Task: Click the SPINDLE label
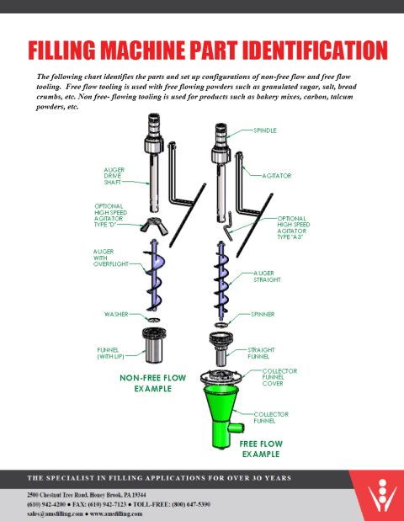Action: (x=267, y=132)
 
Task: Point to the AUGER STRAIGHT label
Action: (x=268, y=277)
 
